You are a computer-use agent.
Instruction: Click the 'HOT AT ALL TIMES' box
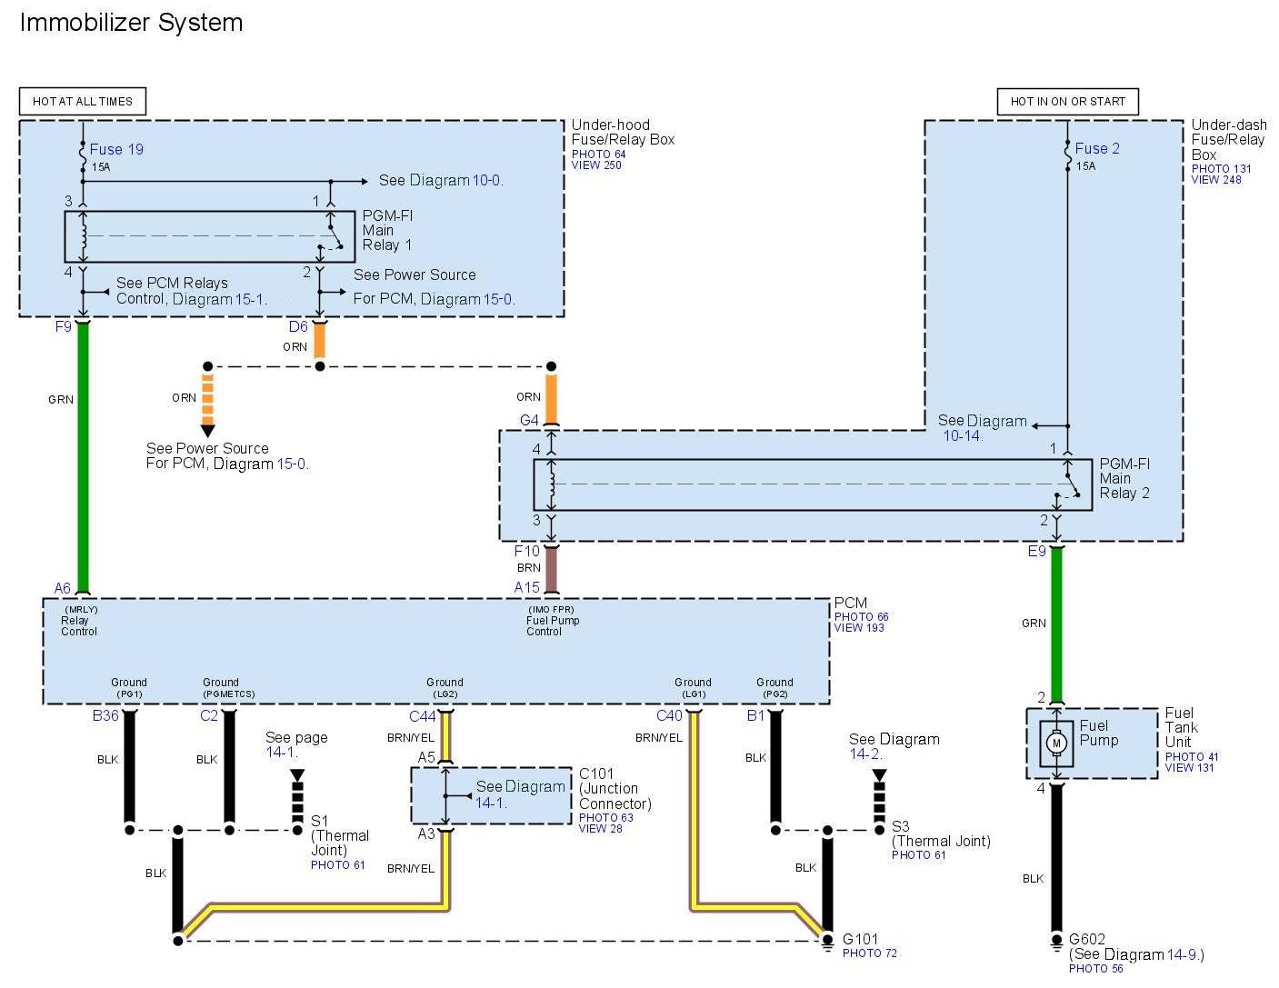(82, 101)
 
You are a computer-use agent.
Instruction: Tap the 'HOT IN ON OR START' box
(1067, 101)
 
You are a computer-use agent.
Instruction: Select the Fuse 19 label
(116, 149)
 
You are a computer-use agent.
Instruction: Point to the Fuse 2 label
(1097, 148)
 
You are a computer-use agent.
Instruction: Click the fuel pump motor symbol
(1056, 743)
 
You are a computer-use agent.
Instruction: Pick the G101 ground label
(860, 939)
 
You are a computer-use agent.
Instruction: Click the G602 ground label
(1087, 939)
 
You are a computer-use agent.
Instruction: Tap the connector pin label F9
(63, 326)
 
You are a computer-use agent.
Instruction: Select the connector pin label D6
(298, 326)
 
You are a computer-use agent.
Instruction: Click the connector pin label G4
(529, 420)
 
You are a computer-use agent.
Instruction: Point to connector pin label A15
(526, 587)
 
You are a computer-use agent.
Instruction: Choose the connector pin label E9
(1036, 551)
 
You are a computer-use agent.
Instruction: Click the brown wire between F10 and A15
(551, 569)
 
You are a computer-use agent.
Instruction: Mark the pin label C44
(422, 716)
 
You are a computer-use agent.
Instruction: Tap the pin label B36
(105, 715)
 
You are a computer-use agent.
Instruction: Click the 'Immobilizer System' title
(131, 23)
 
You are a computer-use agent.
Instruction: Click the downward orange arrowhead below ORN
(208, 430)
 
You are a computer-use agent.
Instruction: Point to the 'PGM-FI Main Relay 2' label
(1124, 478)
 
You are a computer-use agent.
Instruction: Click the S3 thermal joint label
(900, 826)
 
